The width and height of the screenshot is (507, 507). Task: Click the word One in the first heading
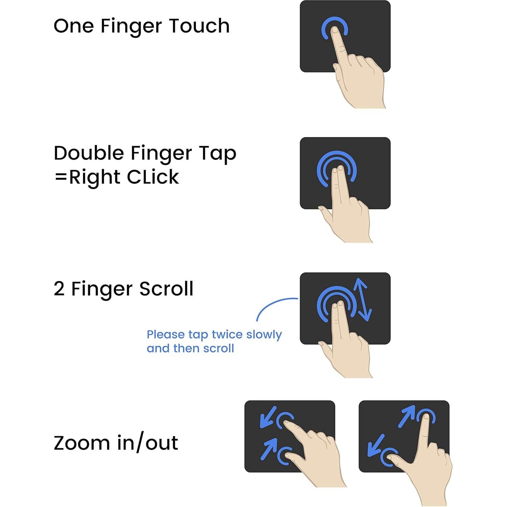[x=73, y=26]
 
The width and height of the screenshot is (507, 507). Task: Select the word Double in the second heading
[x=89, y=153]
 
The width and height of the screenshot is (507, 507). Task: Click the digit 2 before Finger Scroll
[x=59, y=289]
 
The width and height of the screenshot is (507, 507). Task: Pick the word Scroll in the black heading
[x=166, y=289]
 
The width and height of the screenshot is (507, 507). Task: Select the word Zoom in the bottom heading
[x=82, y=443]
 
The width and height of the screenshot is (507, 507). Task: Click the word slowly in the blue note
[x=264, y=335]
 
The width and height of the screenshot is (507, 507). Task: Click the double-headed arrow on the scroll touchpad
[x=362, y=300]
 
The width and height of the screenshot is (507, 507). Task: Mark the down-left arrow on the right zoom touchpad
[x=375, y=445]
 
